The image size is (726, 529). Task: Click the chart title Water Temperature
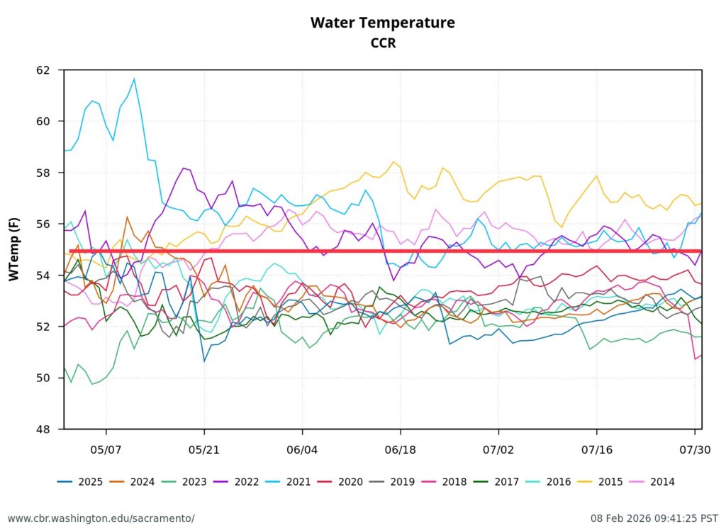(x=382, y=23)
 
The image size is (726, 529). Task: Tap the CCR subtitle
(x=382, y=43)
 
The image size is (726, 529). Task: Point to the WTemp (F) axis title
(x=14, y=249)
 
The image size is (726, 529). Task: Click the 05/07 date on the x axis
(x=106, y=450)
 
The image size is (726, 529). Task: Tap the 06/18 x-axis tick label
(x=401, y=450)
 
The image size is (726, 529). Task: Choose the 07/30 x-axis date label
(x=695, y=450)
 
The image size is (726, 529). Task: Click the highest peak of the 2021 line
(x=134, y=79)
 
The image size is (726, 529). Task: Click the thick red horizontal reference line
(x=383, y=251)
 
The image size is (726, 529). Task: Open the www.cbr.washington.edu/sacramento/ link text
(x=101, y=518)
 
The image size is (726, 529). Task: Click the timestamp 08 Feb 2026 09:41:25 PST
(x=654, y=518)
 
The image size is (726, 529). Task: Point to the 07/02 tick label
(x=498, y=450)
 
